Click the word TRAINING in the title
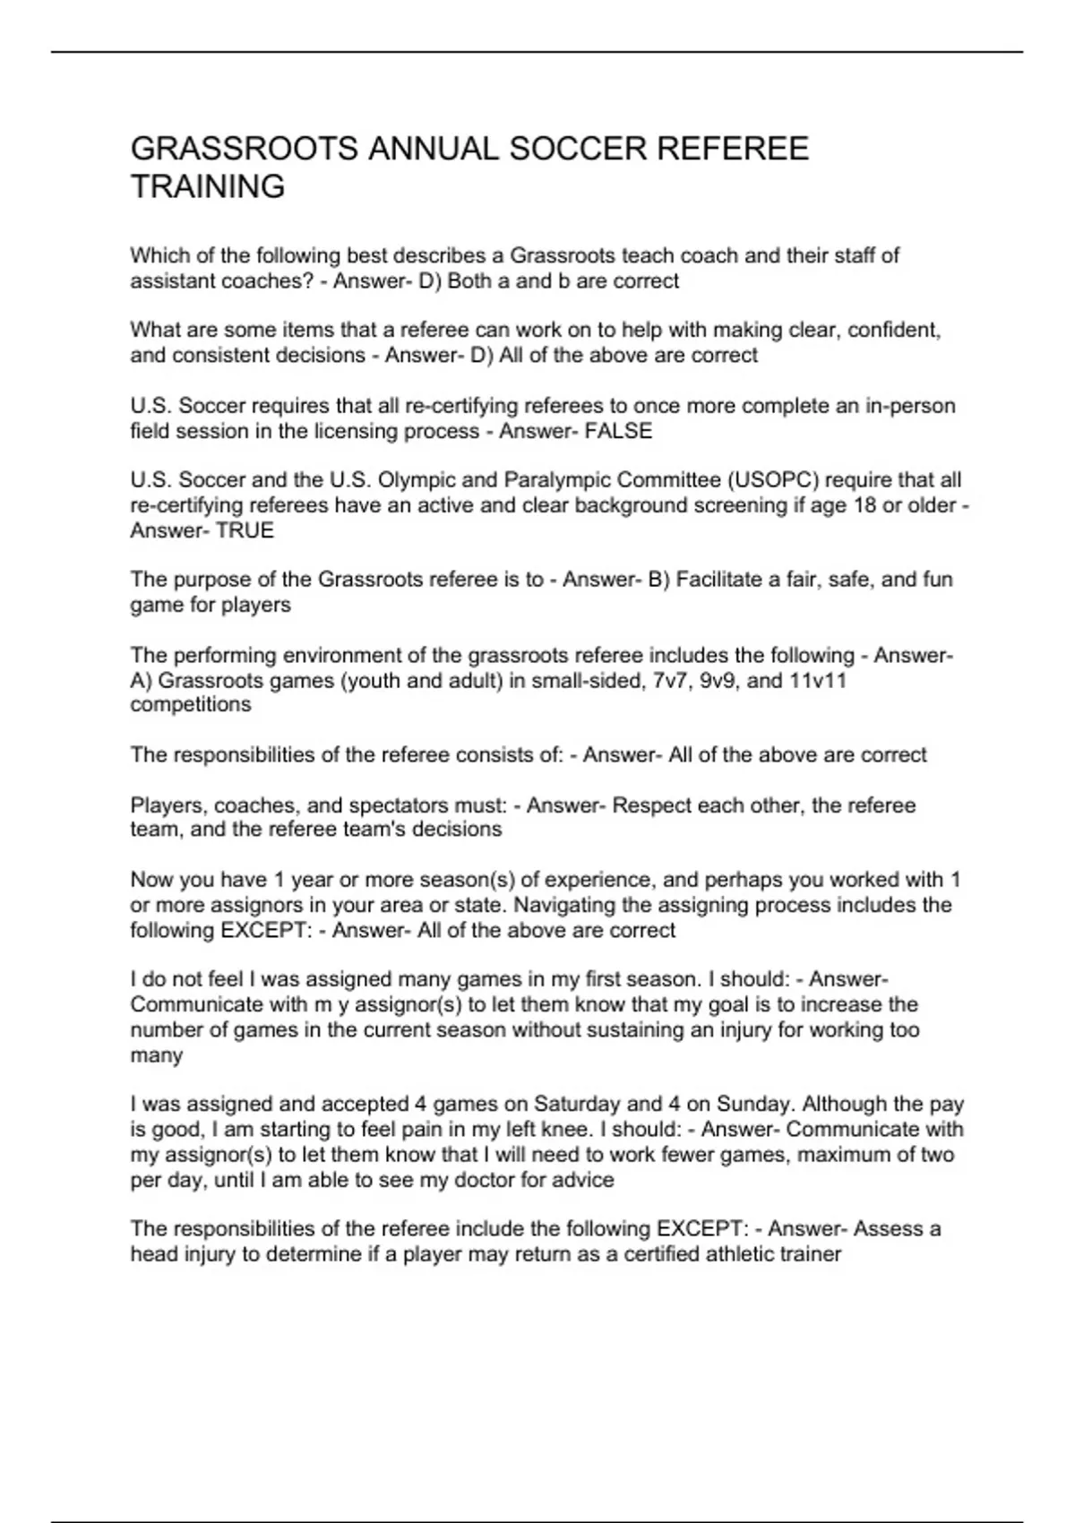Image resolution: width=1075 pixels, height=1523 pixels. [x=208, y=187]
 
